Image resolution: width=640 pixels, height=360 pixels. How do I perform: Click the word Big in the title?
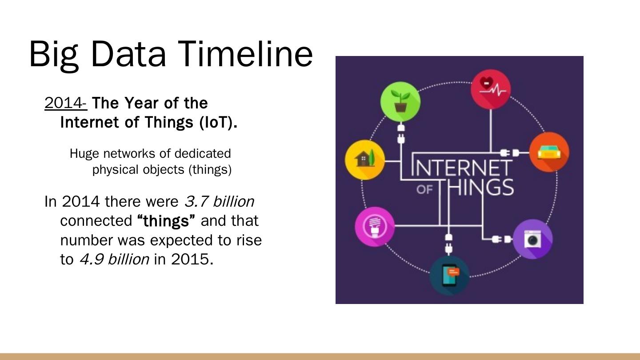pyautogui.click(x=54, y=56)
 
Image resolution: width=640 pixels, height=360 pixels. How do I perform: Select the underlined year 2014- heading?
pyautogui.click(x=66, y=103)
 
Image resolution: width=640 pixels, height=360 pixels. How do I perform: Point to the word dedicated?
pyautogui.click(x=203, y=153)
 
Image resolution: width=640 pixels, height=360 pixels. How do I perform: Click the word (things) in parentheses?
pyautogui.click(x=210, y=170)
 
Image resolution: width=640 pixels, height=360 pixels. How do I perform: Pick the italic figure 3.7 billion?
pyautogui.click(x=220, y=201)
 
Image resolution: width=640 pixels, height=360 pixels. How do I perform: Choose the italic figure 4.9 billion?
pyautogui.click(x=114, y=260)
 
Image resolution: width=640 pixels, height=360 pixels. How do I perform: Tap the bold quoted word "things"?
pyautogui.click(x=166, y=221)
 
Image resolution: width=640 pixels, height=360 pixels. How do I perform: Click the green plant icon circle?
pyautogui.click(x=400, y=102)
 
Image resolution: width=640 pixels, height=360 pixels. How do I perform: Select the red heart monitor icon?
pyautogui.click(x=491, y=89)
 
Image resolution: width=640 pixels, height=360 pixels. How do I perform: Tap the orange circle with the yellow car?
pyautogui.click(x=549, y=152)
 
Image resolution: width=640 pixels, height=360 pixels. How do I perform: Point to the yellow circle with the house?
pyautogui.click(x=365, y=160)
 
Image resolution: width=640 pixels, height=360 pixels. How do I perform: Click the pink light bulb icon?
pyautogui.click(x=375, y=227)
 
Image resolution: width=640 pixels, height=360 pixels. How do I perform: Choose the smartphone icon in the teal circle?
pyautogui.click(x=449, y=276)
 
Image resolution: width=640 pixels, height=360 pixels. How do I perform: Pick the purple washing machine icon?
pyautogui.click(x=532, y=239)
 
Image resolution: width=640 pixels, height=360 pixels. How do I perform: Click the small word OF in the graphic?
pyautogui.click(x=424, y=190)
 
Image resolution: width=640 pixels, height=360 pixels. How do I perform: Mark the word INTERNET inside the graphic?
pyautogui.click(x=462, y=168)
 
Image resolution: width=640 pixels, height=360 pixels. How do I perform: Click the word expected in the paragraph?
pyautogui.click(x=182, y=240)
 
